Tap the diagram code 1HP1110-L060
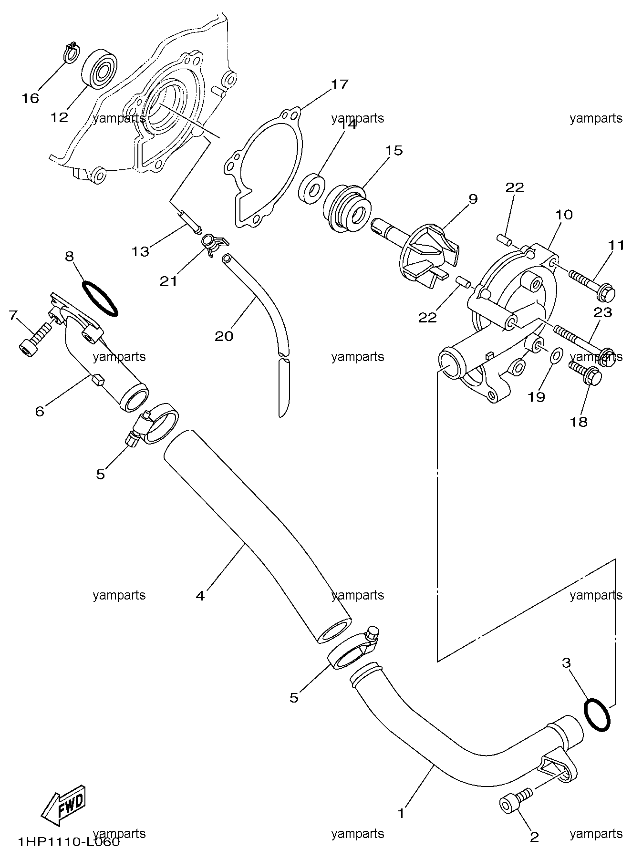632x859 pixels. coord(69,842)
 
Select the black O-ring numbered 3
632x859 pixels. coord(596,714)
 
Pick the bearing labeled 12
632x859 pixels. coord(100,68)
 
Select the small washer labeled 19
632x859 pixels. coord(557,355)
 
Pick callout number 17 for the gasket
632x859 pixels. coord(340,85)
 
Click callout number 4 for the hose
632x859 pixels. coord(200,595)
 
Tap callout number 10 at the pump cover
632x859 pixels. coord(564,215)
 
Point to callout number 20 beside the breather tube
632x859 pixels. coord(224,336)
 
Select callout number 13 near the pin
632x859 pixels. coord(141,251)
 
